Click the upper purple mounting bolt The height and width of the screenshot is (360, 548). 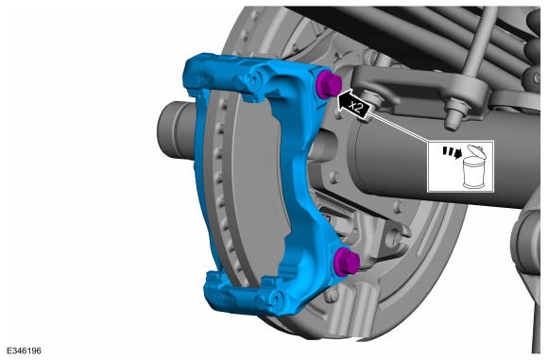point(329,85)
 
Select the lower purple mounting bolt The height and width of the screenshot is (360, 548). point(346,262)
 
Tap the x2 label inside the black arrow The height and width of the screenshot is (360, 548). point(356,106)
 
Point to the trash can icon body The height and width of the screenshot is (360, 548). point(474,173)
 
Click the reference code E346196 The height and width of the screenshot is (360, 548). point(24,351)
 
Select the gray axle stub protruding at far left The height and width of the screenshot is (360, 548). point(176,130)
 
